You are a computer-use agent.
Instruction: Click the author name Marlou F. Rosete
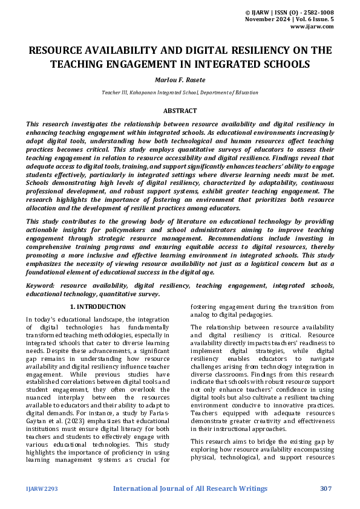[x=180, y=80]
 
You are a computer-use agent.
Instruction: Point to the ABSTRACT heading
[x=180, y=111]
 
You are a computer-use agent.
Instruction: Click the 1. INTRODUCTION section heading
[x=98, y=307]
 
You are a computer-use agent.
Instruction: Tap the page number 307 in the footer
[x=326, y=488]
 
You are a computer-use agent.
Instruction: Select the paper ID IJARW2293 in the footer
[x=42, y=488]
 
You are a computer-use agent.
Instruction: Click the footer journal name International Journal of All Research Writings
[x=191, y=488]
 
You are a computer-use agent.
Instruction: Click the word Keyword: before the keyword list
[x=41, y=285]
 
